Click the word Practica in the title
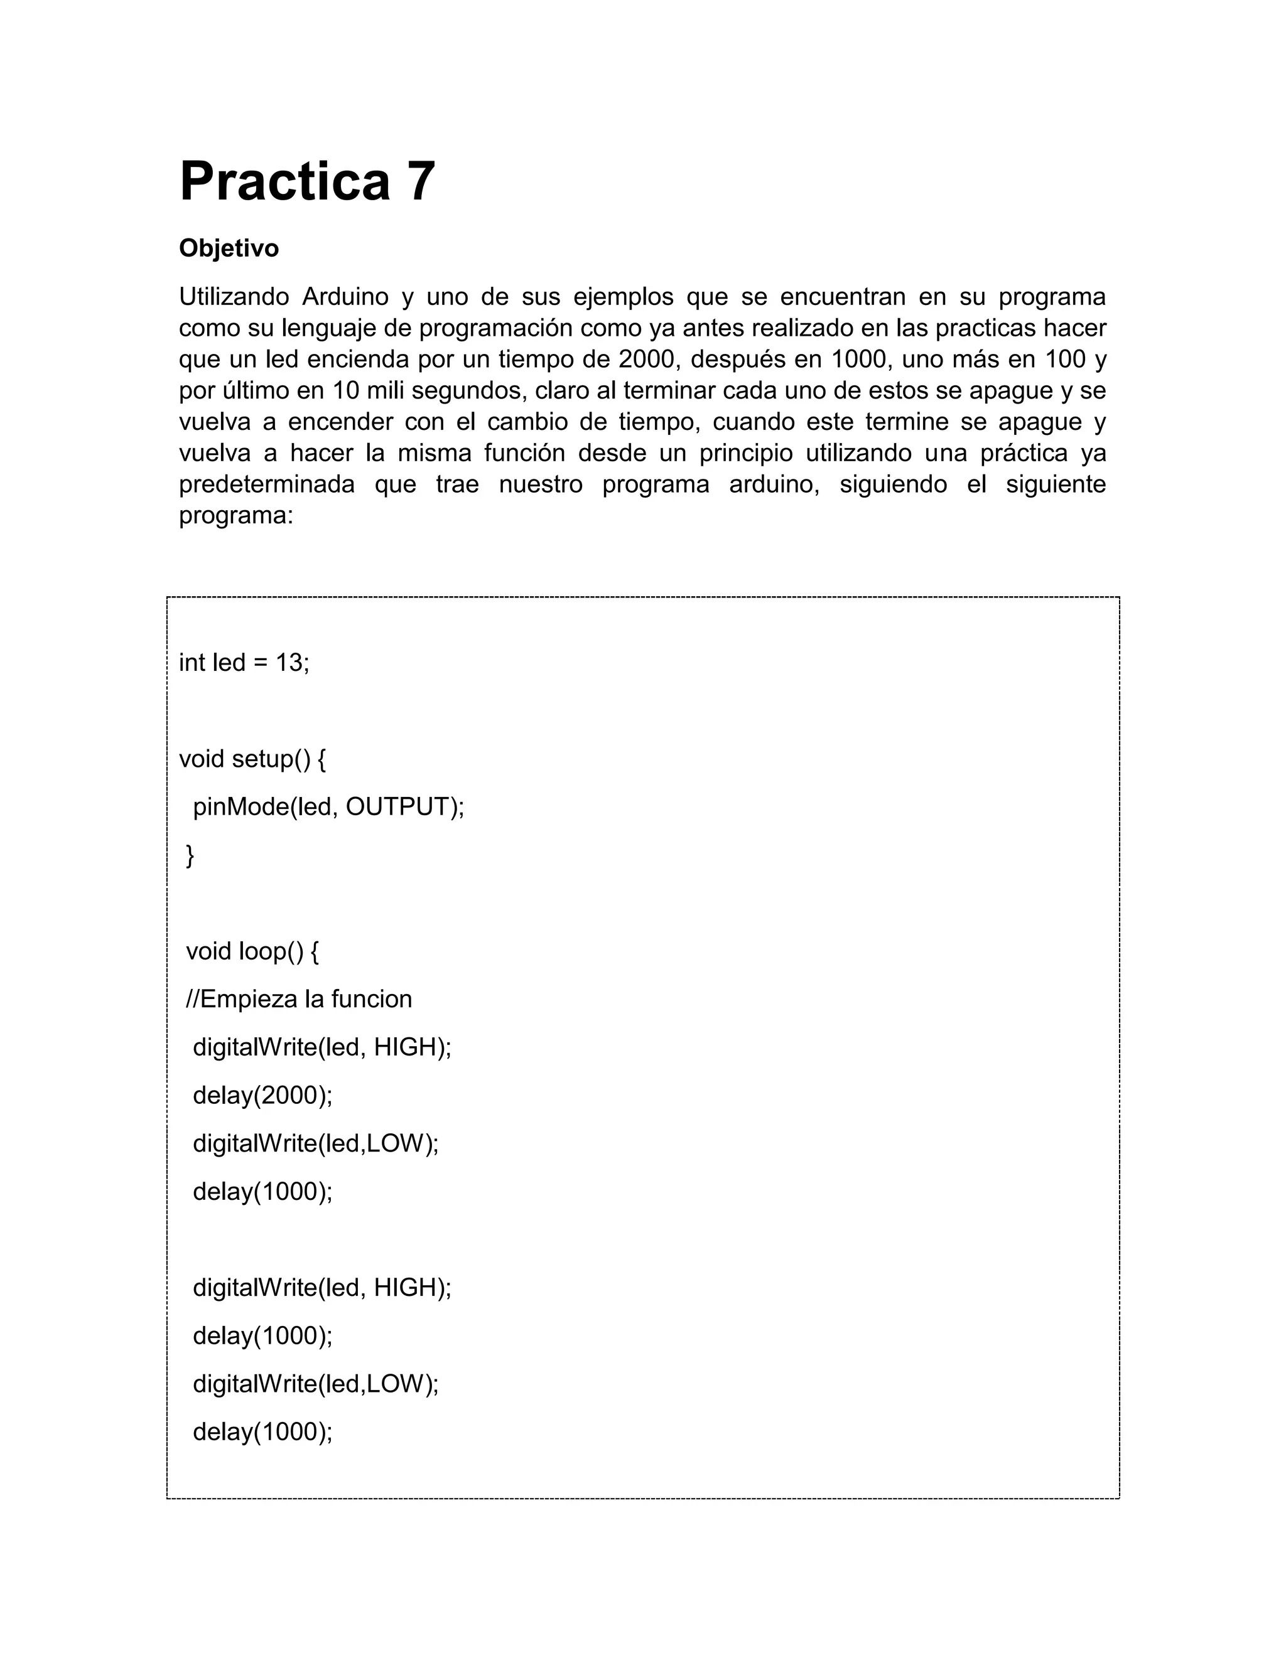(284, 181)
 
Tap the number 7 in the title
(421, 181)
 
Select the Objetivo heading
(229, 249)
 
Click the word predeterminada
(267, 484)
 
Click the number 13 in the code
(289, 663)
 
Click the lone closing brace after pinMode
(190, 855)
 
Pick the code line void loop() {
(252, 951)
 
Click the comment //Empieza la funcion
(299, 999)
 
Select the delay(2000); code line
(263, 1095)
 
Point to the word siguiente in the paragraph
(1055, 484)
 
